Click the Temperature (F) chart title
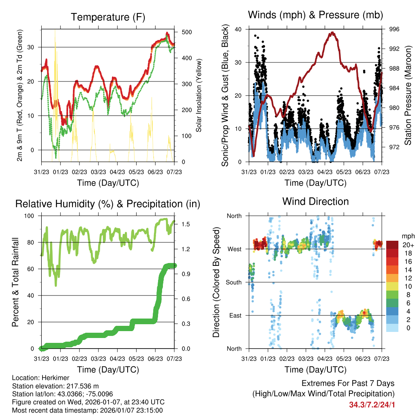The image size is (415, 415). [x=108, y=17]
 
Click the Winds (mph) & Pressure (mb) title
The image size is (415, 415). [x=315, y=15]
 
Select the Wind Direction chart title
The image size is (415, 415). [x=315, y=201]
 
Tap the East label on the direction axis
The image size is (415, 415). [x=235, y=315]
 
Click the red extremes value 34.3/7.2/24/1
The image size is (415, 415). [x=371, y=404]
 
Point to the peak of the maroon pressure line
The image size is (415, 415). [x=333, y=32]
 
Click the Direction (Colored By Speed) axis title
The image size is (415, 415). [x=216, y=282]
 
